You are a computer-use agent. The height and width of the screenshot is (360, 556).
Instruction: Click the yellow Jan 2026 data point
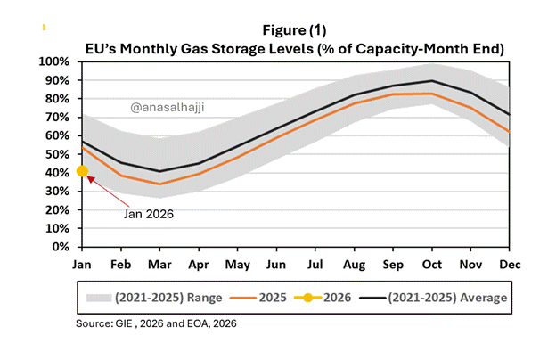(x=82, y=171)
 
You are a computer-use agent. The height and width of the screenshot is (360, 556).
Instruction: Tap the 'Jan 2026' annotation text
(x=149, y=214)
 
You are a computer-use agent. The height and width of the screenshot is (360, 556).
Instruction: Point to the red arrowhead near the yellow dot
(x=91, y=179)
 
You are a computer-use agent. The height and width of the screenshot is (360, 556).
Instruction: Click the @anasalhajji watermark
(x=168, y=108)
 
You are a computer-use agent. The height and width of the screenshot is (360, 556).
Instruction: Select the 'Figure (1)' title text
(x=294, y=30)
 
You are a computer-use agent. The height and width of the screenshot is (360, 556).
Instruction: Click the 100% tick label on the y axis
(x=53, y=61)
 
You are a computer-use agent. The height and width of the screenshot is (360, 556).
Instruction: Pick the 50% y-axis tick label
(x=57, y=155)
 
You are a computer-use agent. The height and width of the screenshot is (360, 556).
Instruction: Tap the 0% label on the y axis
(x=61, y=247)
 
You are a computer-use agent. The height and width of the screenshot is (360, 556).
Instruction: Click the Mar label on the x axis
(x=159, y=265)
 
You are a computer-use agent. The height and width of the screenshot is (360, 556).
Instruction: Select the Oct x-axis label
(x=432, y=265)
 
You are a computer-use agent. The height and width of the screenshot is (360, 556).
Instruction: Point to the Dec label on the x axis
(x=510, y=265)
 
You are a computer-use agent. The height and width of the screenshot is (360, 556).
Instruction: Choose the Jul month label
(x=315, y=265)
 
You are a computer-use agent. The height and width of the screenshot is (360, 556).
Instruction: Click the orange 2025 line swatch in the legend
(x=243, y=298)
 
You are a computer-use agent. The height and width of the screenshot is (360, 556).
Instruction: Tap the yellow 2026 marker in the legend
(x=307, y=298)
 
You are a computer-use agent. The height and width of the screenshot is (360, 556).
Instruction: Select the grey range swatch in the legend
(x=99, y=298)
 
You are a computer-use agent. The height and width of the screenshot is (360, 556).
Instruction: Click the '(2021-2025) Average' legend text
(x=447, y=298)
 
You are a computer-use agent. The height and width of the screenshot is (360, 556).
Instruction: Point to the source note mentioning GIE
(x=156, y=323)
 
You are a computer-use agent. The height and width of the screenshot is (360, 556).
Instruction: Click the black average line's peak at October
(x=432, y=81)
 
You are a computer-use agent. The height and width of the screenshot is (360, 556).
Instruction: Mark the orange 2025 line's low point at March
(x=159, y=184)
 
